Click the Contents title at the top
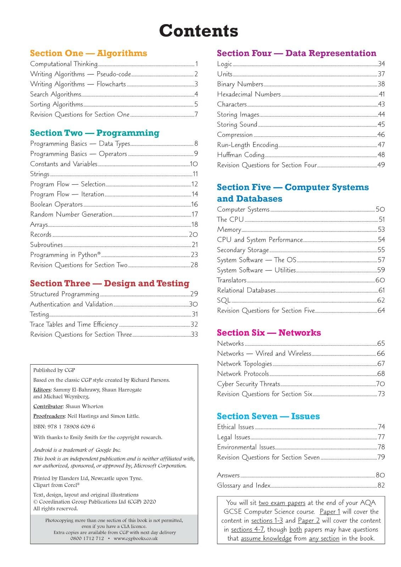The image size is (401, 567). [x=199, y=31]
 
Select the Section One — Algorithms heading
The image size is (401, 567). [x=88, y=53]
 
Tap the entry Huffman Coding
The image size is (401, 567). [x=241, y=155]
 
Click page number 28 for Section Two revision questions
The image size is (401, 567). [x=194, y=265]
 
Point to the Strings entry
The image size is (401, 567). [x=40, y=174]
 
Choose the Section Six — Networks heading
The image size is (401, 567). [x=269, y=332]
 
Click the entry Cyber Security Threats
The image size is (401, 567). [x=249, y=384]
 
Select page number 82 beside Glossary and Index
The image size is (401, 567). [x=381, y=485]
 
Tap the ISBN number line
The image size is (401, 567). [x=64, y=426]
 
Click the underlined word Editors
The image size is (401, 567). [x=42, y=389]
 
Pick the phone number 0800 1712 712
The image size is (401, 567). [x=87, y=538]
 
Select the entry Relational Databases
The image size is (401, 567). [x=246, y=290]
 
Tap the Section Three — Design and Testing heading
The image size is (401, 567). [x=110, y=283]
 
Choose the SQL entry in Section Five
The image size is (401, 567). [x=224, y=300]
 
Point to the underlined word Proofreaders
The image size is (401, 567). [x=49, y=416]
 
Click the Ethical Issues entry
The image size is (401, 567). [x=235, y=427]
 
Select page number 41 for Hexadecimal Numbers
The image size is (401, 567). [x=381, y=94]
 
